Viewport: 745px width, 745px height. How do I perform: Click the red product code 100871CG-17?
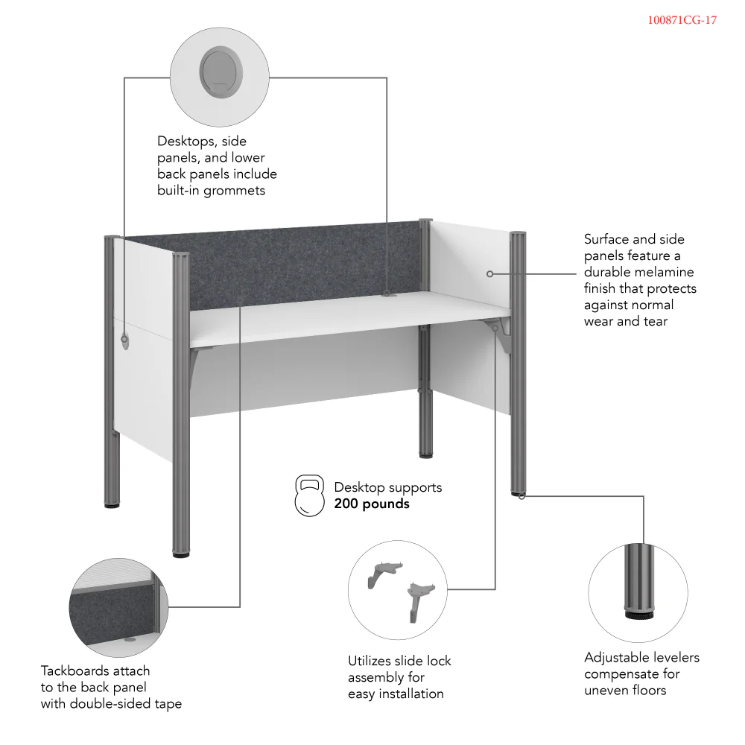coord(682,20)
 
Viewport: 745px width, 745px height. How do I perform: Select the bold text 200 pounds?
coord(372,504)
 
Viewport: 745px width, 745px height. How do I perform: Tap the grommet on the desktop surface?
coord(387,294)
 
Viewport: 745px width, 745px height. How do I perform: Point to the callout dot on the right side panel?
coord(489,274)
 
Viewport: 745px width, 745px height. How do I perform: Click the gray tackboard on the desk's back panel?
coord(298,264)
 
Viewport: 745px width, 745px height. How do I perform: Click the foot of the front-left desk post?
coord(181,554)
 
